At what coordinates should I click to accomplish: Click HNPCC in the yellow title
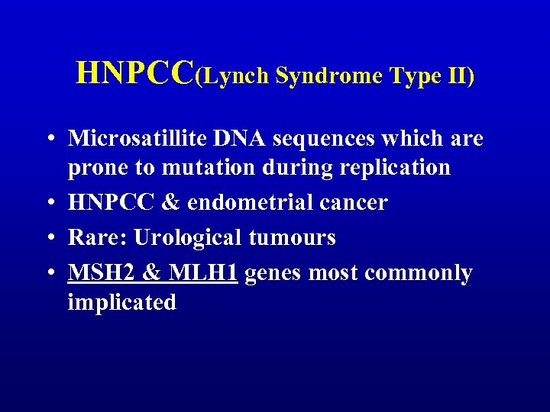(x=135, y=73)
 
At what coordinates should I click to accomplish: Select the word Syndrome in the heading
(x=329, y=76)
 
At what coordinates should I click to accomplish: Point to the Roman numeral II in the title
(x=458, y=76)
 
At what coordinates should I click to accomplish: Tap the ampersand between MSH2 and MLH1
(x=145, y=272)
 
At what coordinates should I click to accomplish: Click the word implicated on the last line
(x=121, y=302)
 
